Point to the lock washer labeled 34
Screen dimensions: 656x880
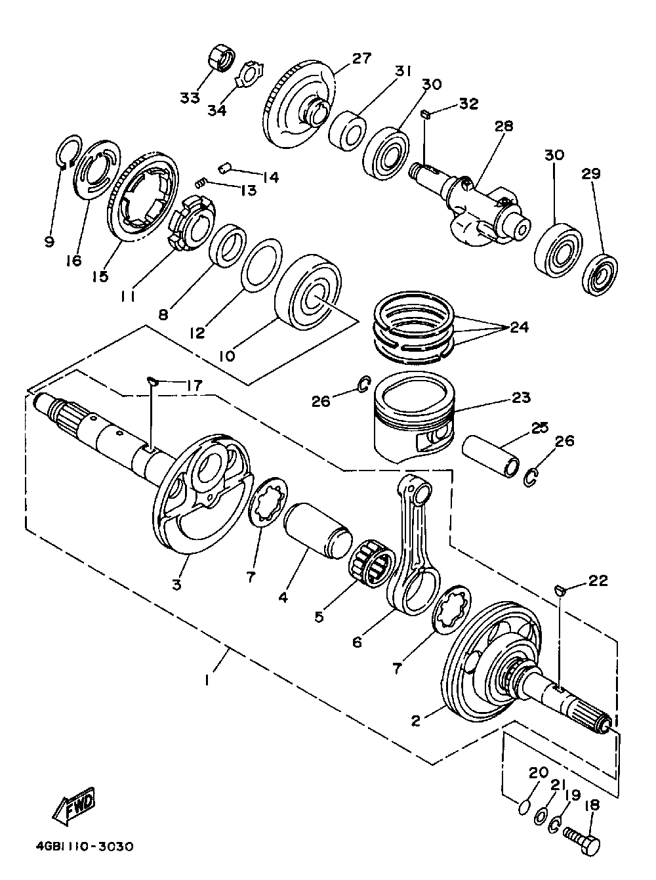point(250,73)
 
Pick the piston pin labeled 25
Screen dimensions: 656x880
point(492,457)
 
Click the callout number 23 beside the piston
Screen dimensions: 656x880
point(521,397)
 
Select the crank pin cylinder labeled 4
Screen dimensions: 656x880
point(318,532)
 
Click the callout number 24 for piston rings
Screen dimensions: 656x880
point(518,327)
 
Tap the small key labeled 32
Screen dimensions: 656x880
point(425,115)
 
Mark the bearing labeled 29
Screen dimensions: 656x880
point(600,275)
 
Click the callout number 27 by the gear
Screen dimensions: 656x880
point(362,58)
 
